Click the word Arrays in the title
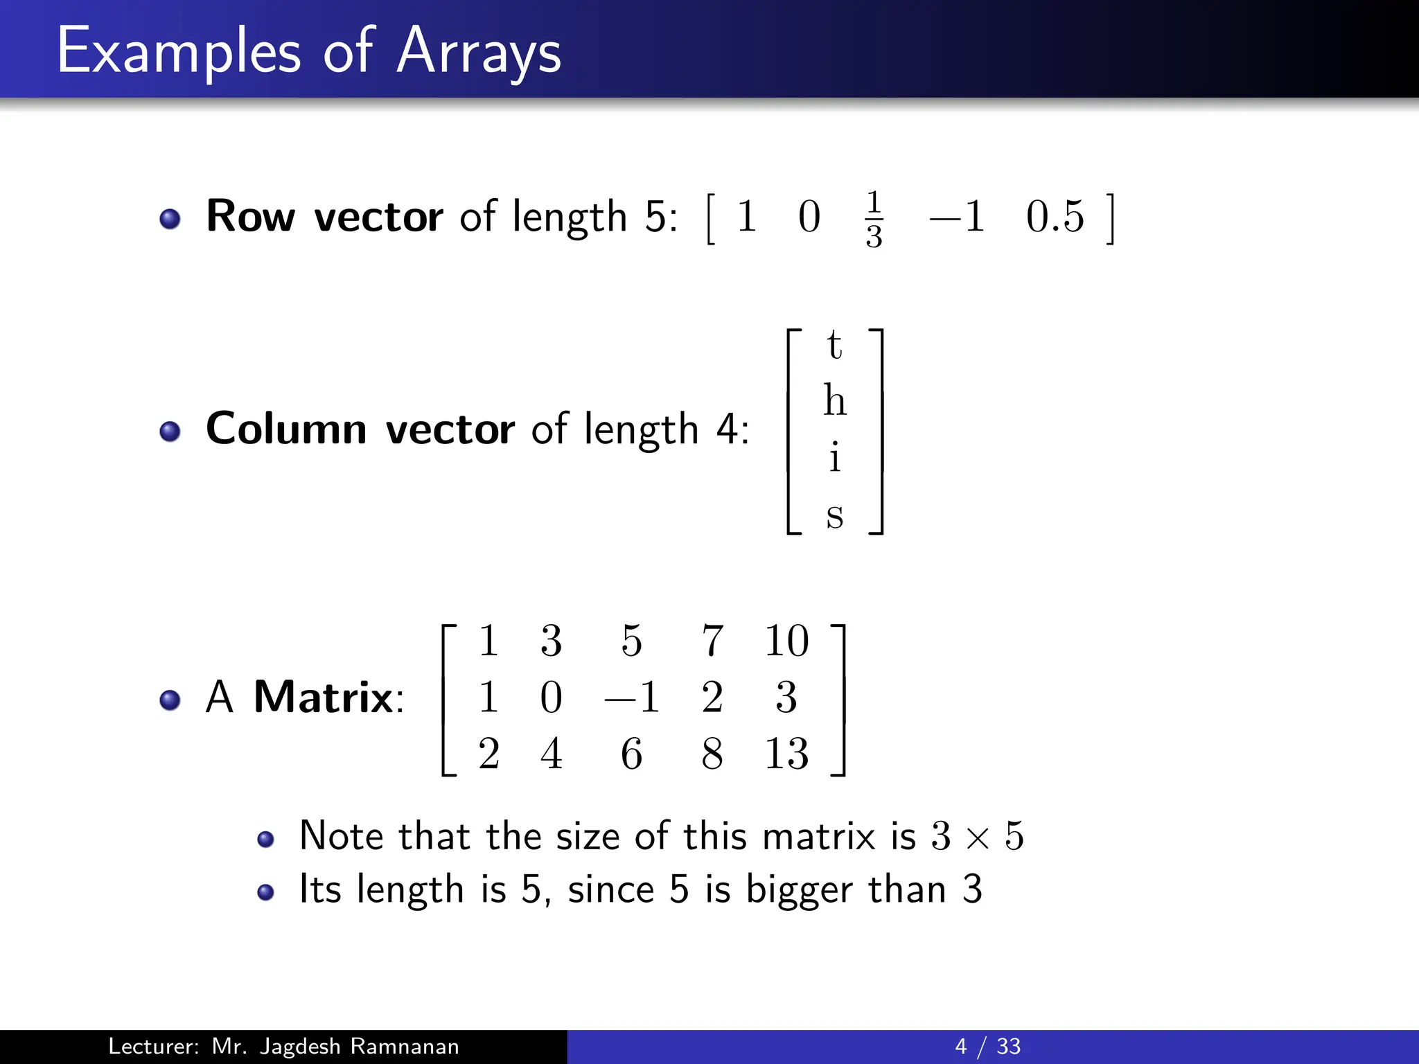point(479,52)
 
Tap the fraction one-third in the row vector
point(874,219)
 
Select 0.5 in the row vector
point(1055,216)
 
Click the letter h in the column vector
point(835,400)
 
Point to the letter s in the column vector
point(835,515)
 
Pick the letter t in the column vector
point(834,344)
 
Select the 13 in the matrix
point(786,754)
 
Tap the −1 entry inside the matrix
point(631,697)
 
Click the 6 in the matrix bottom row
point(631,754)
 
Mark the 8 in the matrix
point(712,754)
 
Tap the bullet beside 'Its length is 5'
point(265,892)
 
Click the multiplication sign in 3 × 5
point(978,838)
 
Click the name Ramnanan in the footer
point(404,1046)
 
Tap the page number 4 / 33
point(987,1046)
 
